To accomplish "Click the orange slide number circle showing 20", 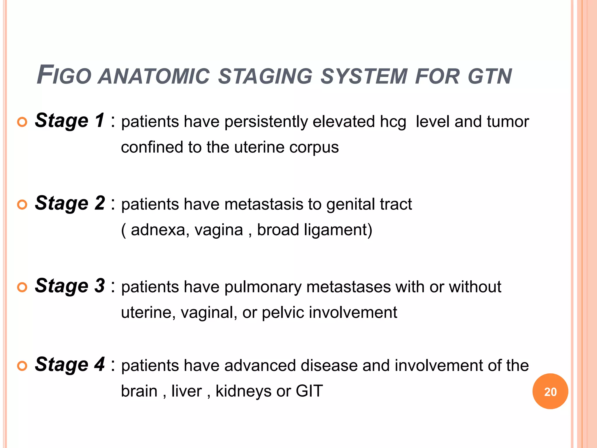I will [x=550, y=391].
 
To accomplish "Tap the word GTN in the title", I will [x=490, y=76].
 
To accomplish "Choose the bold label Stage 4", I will [x=69, y=364].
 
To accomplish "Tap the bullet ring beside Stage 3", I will [x=22, y=287].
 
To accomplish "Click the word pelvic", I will [x=283, y=313].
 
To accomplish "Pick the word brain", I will [x=139, y=391].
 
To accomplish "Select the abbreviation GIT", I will [x=309, y=391].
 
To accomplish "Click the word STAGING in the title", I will [x=265, y=76].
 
